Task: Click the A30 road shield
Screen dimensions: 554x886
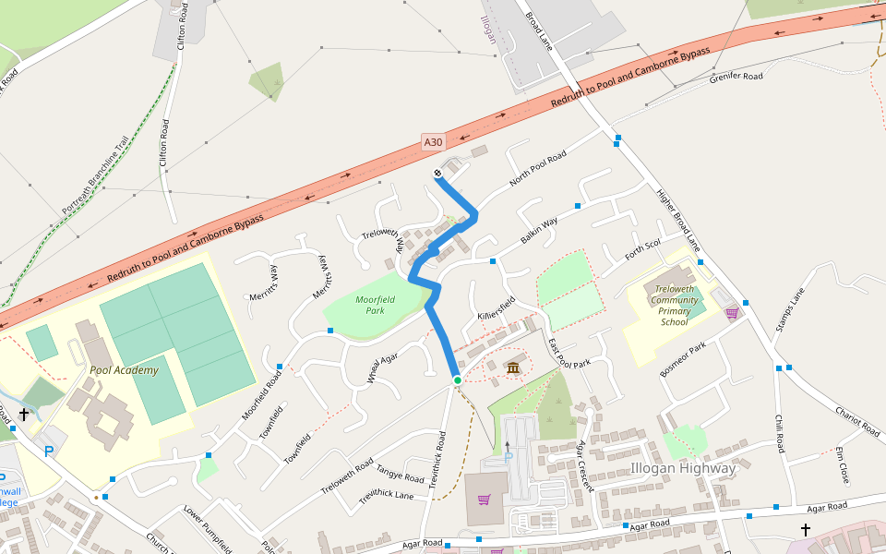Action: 434,142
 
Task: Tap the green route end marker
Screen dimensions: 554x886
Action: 457,380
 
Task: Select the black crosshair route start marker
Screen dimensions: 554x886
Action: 437,174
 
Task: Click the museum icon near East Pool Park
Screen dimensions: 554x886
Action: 513,369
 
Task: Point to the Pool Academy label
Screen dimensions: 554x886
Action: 124,370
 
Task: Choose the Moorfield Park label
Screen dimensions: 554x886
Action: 375,306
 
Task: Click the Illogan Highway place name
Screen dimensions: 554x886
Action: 683,468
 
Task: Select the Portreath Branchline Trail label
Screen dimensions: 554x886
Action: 96,177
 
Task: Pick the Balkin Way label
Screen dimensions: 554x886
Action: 539,231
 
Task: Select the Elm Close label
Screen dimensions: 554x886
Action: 842,466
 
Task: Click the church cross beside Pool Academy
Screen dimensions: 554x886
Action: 23,415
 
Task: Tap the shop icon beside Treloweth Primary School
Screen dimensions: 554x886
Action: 732,313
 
